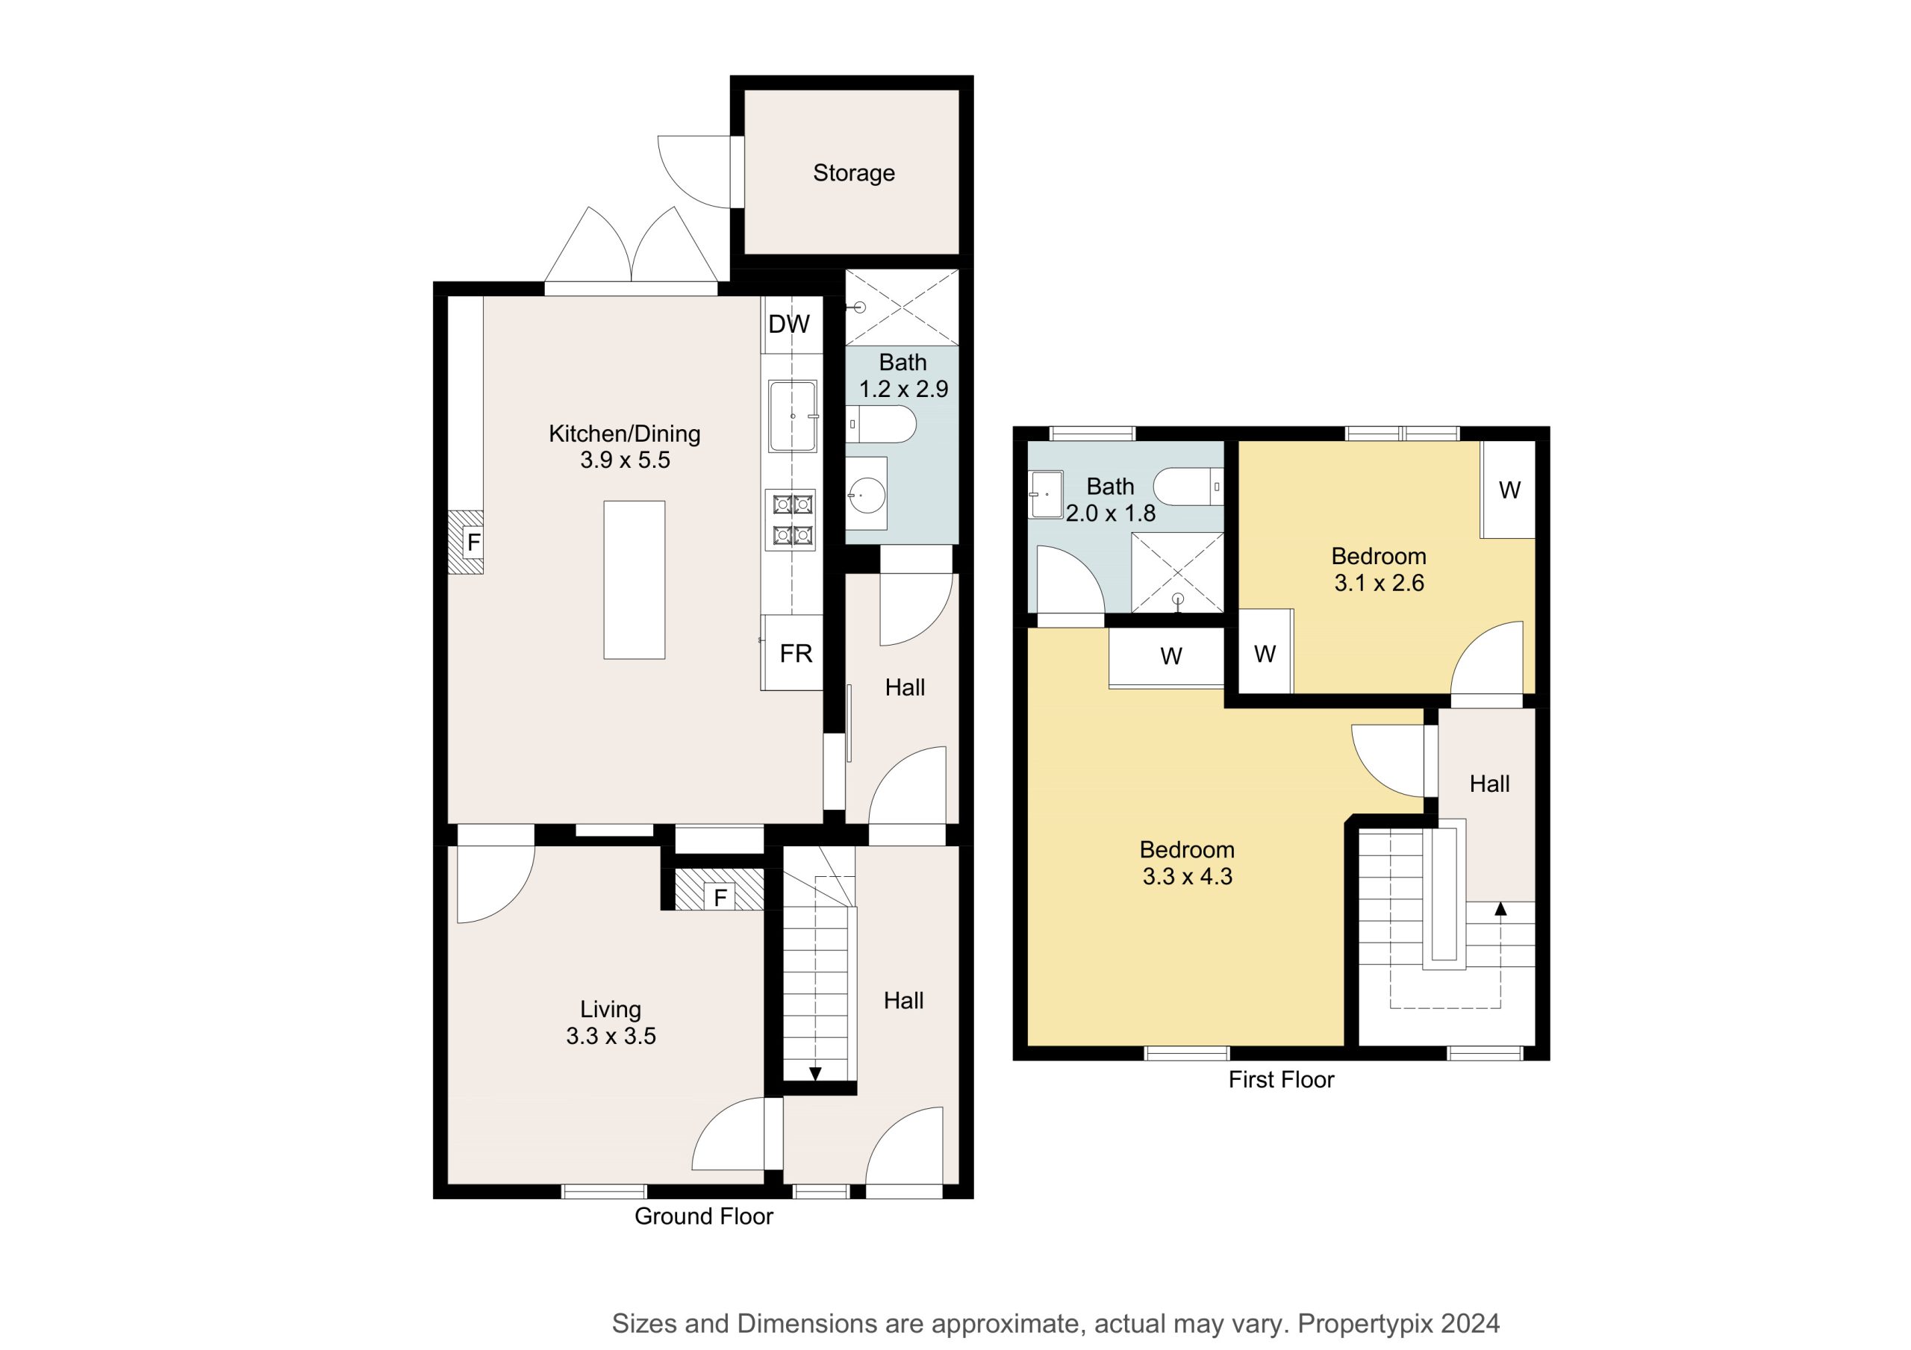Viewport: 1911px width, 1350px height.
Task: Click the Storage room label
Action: (x=853, y=173)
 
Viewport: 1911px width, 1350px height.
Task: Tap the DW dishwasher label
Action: (x=788, y=325)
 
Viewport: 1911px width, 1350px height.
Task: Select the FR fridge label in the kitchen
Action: (x=796, y=654)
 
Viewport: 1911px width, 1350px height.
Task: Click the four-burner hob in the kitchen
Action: (x=791, y=520)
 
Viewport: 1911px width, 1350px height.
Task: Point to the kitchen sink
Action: (x=792, y=416)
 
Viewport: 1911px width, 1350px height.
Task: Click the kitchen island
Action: (x=635, y=580)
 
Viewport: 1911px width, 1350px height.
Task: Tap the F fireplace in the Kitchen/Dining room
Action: (x=466, y=542)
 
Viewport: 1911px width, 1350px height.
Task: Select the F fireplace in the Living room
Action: (x=719, y=890)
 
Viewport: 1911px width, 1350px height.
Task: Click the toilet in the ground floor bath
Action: (x=881, y=425)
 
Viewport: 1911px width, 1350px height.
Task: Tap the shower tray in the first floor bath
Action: (x=1177, y=572)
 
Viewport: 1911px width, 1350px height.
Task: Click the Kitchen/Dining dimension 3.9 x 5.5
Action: (x=625, y=460)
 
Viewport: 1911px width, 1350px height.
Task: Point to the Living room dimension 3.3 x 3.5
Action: (x=611, y=1037)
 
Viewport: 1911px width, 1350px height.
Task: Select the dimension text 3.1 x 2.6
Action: (x=1380, y=584)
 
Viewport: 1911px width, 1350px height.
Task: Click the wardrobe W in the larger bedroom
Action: (x=1171, y=657)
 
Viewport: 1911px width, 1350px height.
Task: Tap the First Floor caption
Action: (x=1281, y=1080)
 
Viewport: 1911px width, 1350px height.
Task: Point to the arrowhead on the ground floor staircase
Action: (x=815, y=1074)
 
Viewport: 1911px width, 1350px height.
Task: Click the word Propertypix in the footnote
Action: (x=1366, y=1323)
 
